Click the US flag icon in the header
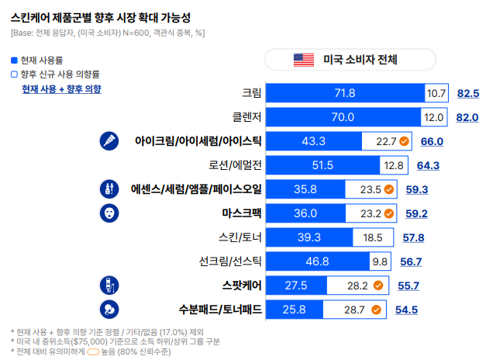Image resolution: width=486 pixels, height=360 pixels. coord(303,60)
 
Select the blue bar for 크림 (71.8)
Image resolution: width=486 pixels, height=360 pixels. coord(345,93)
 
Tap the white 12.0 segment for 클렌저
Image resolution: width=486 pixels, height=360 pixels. coord(433,117)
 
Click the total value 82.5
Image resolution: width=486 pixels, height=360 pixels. coord(468,93)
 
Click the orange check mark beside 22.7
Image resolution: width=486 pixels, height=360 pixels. coord(405,141)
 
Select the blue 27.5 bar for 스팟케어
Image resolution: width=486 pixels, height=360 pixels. coord(296,286)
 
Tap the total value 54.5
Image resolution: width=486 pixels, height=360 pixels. coord(407,310)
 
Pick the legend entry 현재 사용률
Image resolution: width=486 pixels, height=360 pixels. coord(42,60)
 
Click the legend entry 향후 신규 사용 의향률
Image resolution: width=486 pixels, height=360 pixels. coord(55,74)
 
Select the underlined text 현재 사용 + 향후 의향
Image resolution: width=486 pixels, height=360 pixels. coord(61,89)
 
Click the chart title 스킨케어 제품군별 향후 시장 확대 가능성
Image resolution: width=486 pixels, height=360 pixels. coord(101,16)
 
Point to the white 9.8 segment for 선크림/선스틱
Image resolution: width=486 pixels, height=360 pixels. coord(379,261)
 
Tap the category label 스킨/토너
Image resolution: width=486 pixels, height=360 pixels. coord(240,237)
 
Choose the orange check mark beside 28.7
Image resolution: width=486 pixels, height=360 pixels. coord(376,310)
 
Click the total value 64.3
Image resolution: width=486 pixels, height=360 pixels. coord(429,165)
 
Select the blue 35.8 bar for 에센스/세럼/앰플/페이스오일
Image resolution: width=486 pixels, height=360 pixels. coord(305,189)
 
